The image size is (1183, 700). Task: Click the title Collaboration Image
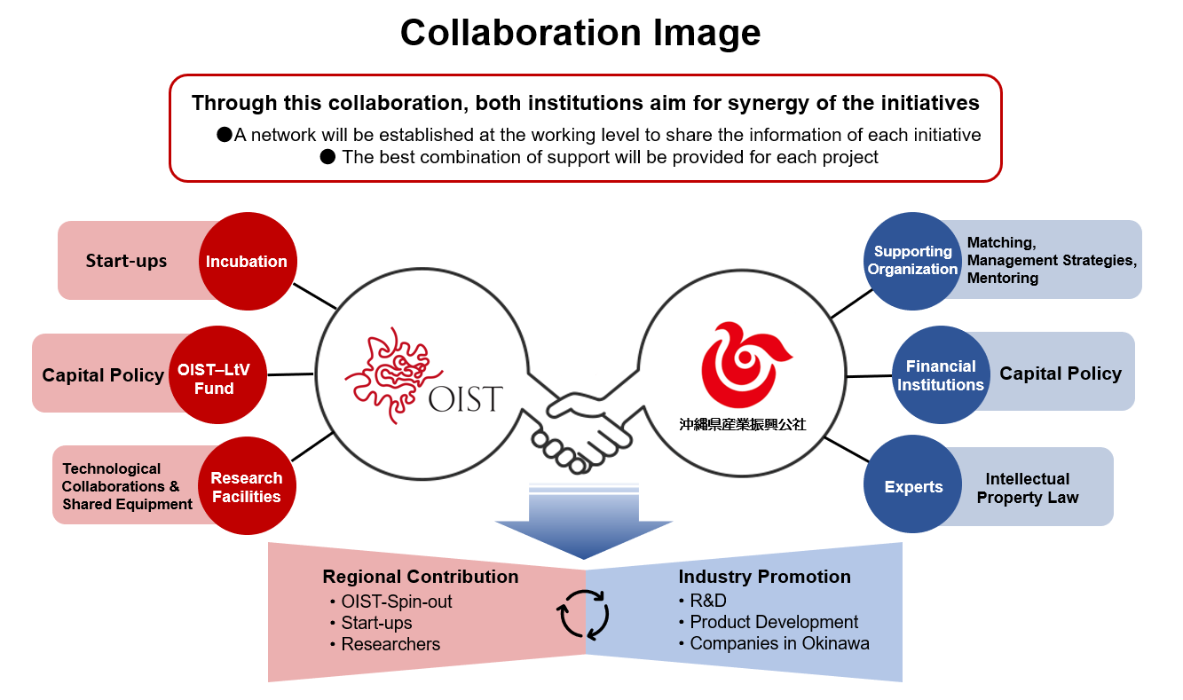point(580,33)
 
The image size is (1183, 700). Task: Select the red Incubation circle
point(247,261)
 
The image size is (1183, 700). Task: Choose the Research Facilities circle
point(247,486)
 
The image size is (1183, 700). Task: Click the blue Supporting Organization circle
point(912,261)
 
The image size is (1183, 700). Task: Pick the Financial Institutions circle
point(940,375)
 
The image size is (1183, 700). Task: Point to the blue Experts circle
point(913,486)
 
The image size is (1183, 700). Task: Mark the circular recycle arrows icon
point(583,613)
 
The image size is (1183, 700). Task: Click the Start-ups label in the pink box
point(126,261)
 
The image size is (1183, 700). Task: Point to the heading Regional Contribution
point(421,577)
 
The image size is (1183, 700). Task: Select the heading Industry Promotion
point(764,577)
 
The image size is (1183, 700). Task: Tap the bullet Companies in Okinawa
point(779,643)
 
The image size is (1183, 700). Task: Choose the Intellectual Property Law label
point(1028,488)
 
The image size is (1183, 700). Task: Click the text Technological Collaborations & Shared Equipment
point(127,486)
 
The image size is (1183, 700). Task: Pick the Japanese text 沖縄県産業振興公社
point(742,424)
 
